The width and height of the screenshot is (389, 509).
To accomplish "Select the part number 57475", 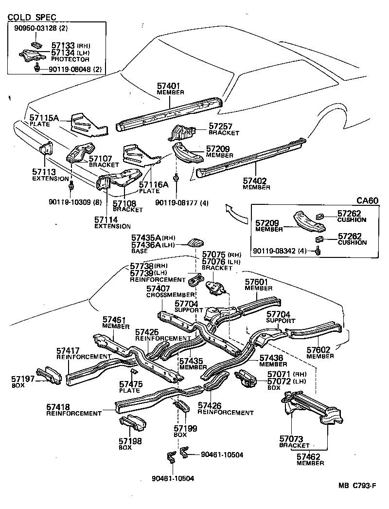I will pyautogui.click(x=131, y=383).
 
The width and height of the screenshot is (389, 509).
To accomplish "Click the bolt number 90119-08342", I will pyautogui.click(x=278, y=251).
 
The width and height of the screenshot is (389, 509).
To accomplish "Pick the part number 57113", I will pyautogui.click(x=44, y=172).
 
